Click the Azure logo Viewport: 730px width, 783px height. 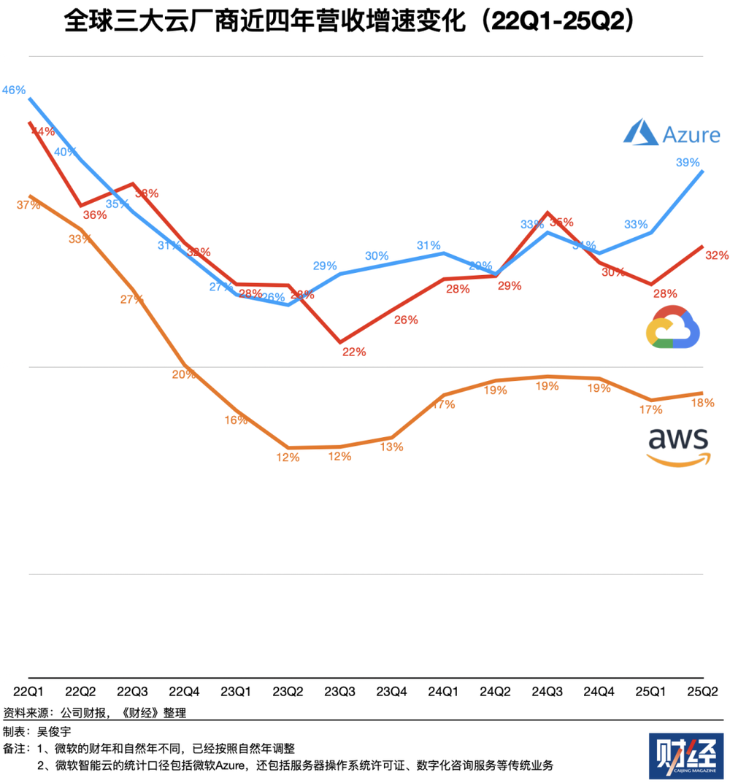coord(671,134)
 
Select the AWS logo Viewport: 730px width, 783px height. coord(677,445)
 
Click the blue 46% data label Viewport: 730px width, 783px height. coord(14,90)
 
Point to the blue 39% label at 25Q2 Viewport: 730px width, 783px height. coord(688,162)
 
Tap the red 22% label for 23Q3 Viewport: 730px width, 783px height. coord(354,352)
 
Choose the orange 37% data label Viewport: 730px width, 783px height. coord(28,205)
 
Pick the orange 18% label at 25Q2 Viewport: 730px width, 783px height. coord(702,402)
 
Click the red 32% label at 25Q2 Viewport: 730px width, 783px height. coord(717,255)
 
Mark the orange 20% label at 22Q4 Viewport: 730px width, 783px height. coord(184,374)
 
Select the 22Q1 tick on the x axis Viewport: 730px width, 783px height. coord(28,691)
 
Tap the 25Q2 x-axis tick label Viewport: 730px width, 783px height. coord(702,691)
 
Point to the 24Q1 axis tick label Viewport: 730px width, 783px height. coord(442,691)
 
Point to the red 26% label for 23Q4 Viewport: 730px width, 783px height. coord(406,320)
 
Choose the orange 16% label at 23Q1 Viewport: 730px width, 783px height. coord(237,420)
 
